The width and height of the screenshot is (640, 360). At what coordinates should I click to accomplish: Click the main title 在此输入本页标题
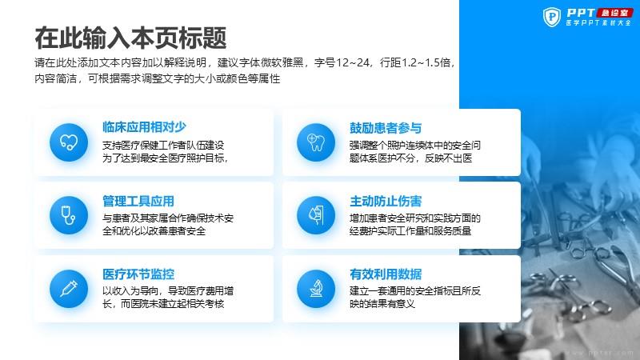(x=130, y=38)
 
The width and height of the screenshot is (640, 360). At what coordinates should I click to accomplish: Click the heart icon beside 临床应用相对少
(x=69, y=142)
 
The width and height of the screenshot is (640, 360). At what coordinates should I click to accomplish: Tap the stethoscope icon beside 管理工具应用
(x=68, y=215)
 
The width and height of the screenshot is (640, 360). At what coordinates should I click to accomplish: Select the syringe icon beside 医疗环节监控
(x=69, y=289)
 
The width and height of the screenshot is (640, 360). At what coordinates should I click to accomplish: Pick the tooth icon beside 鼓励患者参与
(x=316, y=142)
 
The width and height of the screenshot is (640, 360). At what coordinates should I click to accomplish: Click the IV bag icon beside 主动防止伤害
(x=316, y=215)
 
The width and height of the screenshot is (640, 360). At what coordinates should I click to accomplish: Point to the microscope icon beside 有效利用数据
(x=316, y=289)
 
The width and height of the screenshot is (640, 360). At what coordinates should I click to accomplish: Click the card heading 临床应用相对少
(x=144, y=127)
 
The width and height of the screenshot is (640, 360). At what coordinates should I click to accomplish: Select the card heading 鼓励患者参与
(x=386, y=128)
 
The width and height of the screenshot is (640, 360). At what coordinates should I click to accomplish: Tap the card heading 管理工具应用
(x=138, y=201)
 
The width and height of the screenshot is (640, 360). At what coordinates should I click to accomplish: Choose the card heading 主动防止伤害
(x=386, y=201)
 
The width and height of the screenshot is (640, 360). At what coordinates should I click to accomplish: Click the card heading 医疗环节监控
(x=138, y=274)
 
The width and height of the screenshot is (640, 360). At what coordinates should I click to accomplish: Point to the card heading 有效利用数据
(x=386, y=274)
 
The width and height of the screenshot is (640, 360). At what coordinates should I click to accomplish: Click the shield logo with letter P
(x=552, y=17)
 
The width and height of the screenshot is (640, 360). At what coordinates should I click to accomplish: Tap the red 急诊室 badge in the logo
(x=614, y=13)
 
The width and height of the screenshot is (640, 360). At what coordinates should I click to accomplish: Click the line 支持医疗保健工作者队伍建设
(x=163, y=146)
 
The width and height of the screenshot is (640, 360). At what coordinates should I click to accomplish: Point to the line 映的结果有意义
(x=382, y=304)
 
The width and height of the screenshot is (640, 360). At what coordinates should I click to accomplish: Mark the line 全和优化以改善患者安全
(x=154, y=231)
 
